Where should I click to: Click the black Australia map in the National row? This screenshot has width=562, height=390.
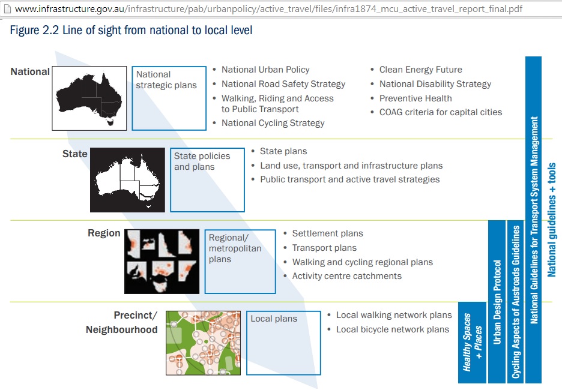click(89, 98)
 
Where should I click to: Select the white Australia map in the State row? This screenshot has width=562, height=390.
click(128, 180)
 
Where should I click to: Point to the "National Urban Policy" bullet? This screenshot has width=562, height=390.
click(265, 70)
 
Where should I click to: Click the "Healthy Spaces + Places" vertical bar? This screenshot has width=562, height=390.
click(473, 343)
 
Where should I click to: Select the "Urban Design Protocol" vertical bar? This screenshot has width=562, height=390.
click(497, 302)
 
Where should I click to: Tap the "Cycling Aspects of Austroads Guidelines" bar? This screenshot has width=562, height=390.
click(516, 302)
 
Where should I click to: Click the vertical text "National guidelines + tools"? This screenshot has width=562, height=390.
click(552, 220)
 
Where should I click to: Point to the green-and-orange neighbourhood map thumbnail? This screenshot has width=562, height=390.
click(203, 343)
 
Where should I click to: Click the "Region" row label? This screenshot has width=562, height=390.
click(104, 233)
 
